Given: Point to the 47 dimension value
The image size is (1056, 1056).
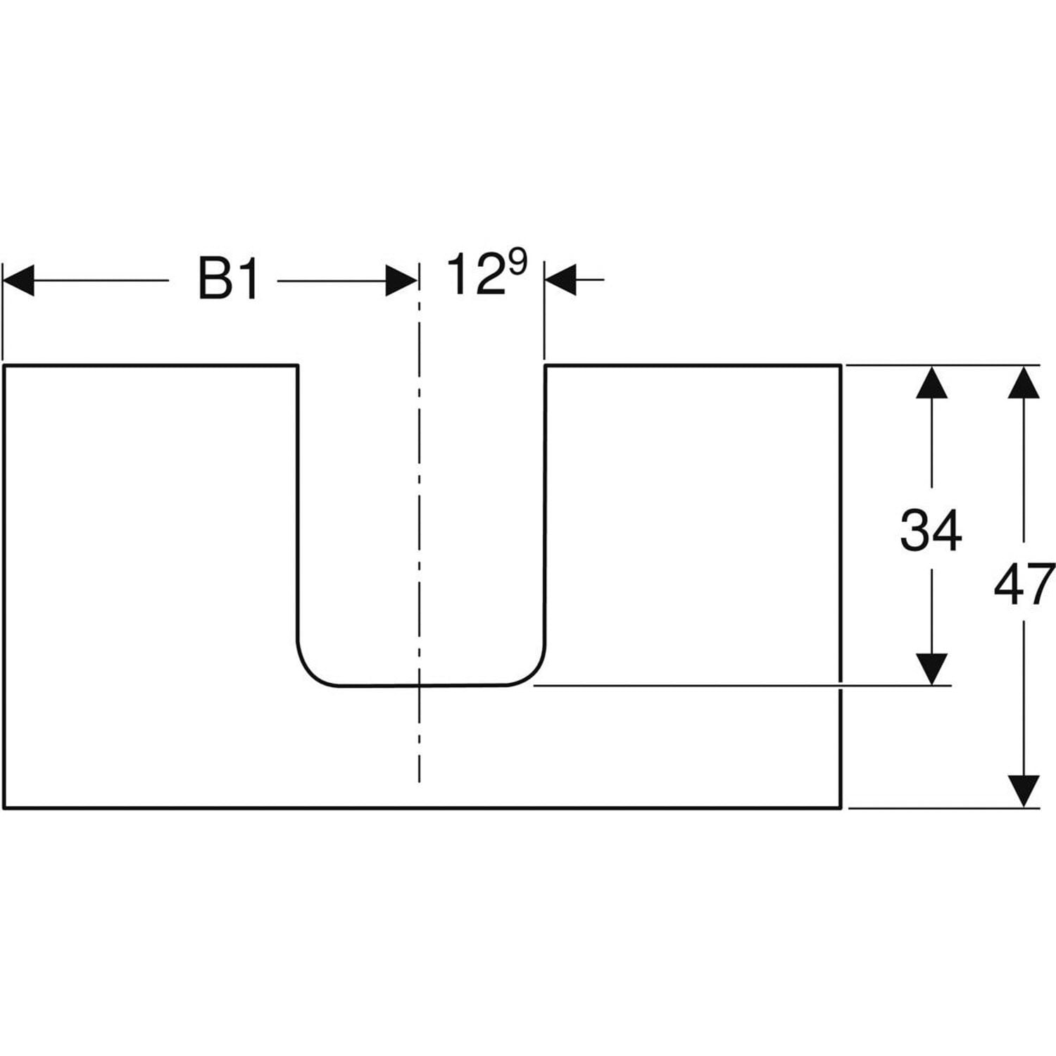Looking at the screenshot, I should [x=1024, y=585].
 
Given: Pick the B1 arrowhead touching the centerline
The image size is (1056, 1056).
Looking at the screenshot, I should [x=401, y=281].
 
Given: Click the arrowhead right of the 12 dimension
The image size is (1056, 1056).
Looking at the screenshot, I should [x=560, y=279].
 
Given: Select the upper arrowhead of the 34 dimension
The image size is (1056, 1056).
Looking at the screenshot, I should [x=931, y=382].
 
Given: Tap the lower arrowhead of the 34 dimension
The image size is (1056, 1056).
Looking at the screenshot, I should [x=931, y=668].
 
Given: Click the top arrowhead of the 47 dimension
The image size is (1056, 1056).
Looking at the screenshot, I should [x=1024, y=382].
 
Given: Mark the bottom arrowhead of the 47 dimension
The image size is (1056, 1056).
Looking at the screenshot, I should [x=1024, y=791].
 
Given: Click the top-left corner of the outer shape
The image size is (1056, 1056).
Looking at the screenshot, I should [x=4, y=366].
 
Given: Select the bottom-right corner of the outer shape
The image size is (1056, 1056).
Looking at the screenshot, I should [x=841, y=808].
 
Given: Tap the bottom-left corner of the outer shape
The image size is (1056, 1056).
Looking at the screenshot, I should [x=4, y=808].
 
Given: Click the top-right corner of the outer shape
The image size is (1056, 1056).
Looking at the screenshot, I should [x=841, y=366].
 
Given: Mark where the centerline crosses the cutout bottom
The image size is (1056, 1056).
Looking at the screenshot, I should [x=420, y=685].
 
